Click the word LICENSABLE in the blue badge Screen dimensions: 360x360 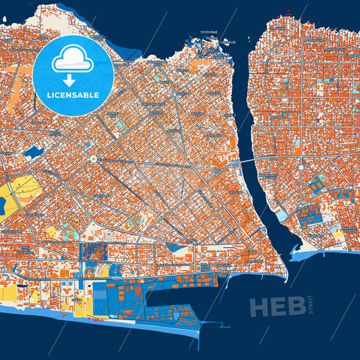click(73, 95)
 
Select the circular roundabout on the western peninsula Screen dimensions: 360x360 click(93, 159)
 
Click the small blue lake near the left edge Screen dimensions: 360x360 click(32, 153)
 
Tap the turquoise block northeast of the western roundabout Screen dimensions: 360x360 click(120, 126)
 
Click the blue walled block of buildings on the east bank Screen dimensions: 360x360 click(310, 216)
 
